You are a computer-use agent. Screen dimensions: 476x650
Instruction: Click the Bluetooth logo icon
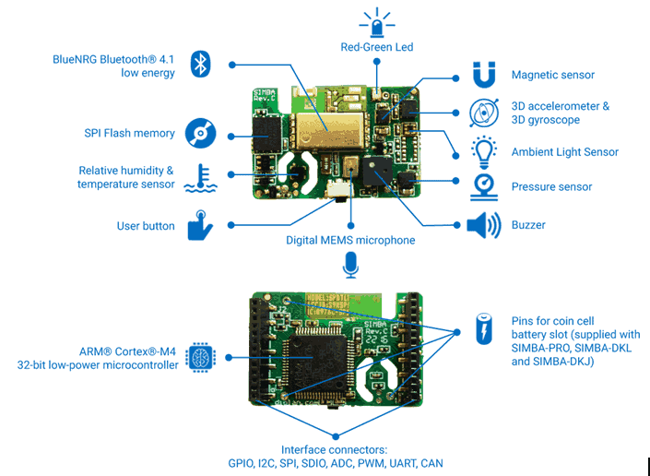[x=201, y=64]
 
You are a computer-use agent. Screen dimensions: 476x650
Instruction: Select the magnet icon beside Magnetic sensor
[x=484, y=75]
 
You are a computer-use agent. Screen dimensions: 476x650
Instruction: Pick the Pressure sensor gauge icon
[x=483, y=187]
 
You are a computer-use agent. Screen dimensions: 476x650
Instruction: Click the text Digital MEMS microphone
[x=350, y=241]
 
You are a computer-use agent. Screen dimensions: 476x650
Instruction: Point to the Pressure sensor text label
[x=551, y=187]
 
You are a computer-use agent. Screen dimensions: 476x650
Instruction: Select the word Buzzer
[x=528, y=225]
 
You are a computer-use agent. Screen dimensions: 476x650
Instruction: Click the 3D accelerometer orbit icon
[x=484, y=113]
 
